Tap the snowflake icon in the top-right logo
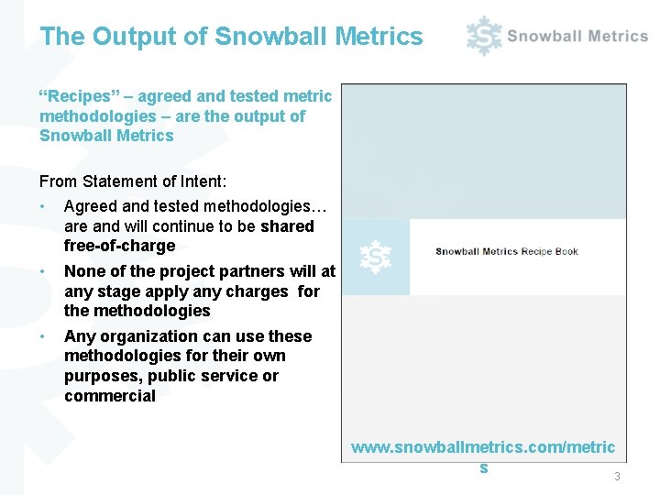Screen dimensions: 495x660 pyautogui.click(x=483, y=36)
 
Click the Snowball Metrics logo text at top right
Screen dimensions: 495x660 pyautogui.click(x=577, y=36)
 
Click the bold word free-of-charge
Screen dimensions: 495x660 pyautogui.click(x=119, y=246)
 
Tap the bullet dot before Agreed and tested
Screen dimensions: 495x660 pyautogui.click(x=44, y=207)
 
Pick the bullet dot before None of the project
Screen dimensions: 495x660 pyautogui.click(x=44, y=271)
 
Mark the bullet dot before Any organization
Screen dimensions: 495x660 pyautogui.click(x=44, y=336)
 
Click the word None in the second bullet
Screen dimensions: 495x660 pyautogui.click(x=84, y=271)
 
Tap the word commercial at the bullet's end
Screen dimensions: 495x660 pyautogui.click(x=110, y=396)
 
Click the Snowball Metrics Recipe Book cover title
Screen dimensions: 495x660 pyautogui.click(x=507, y=251)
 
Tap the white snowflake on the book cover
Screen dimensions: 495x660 pyautogui.click(x=376, y=257)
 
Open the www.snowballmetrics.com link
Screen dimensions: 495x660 pyautogui.click(x=483, y=449)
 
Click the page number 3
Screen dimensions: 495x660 pyautogui.click(x=617, y=477)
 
